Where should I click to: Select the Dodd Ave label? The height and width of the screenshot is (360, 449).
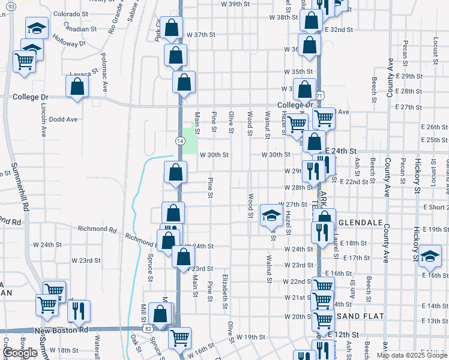coord(64,119)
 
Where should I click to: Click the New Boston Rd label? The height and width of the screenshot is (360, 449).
coord(61,331)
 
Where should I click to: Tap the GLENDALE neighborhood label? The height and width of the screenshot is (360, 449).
coord(360,223)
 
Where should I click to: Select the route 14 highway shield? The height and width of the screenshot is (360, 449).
coord(179,140)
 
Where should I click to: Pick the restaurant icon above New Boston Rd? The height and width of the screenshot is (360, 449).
coord(78,311)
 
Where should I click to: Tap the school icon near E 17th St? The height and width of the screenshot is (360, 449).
coord(430,256)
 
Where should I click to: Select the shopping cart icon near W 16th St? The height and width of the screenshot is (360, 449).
coord(179,338)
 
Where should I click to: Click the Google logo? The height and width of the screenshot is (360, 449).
coord(19,353)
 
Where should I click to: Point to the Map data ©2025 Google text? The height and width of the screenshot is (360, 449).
coord(412,355)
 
